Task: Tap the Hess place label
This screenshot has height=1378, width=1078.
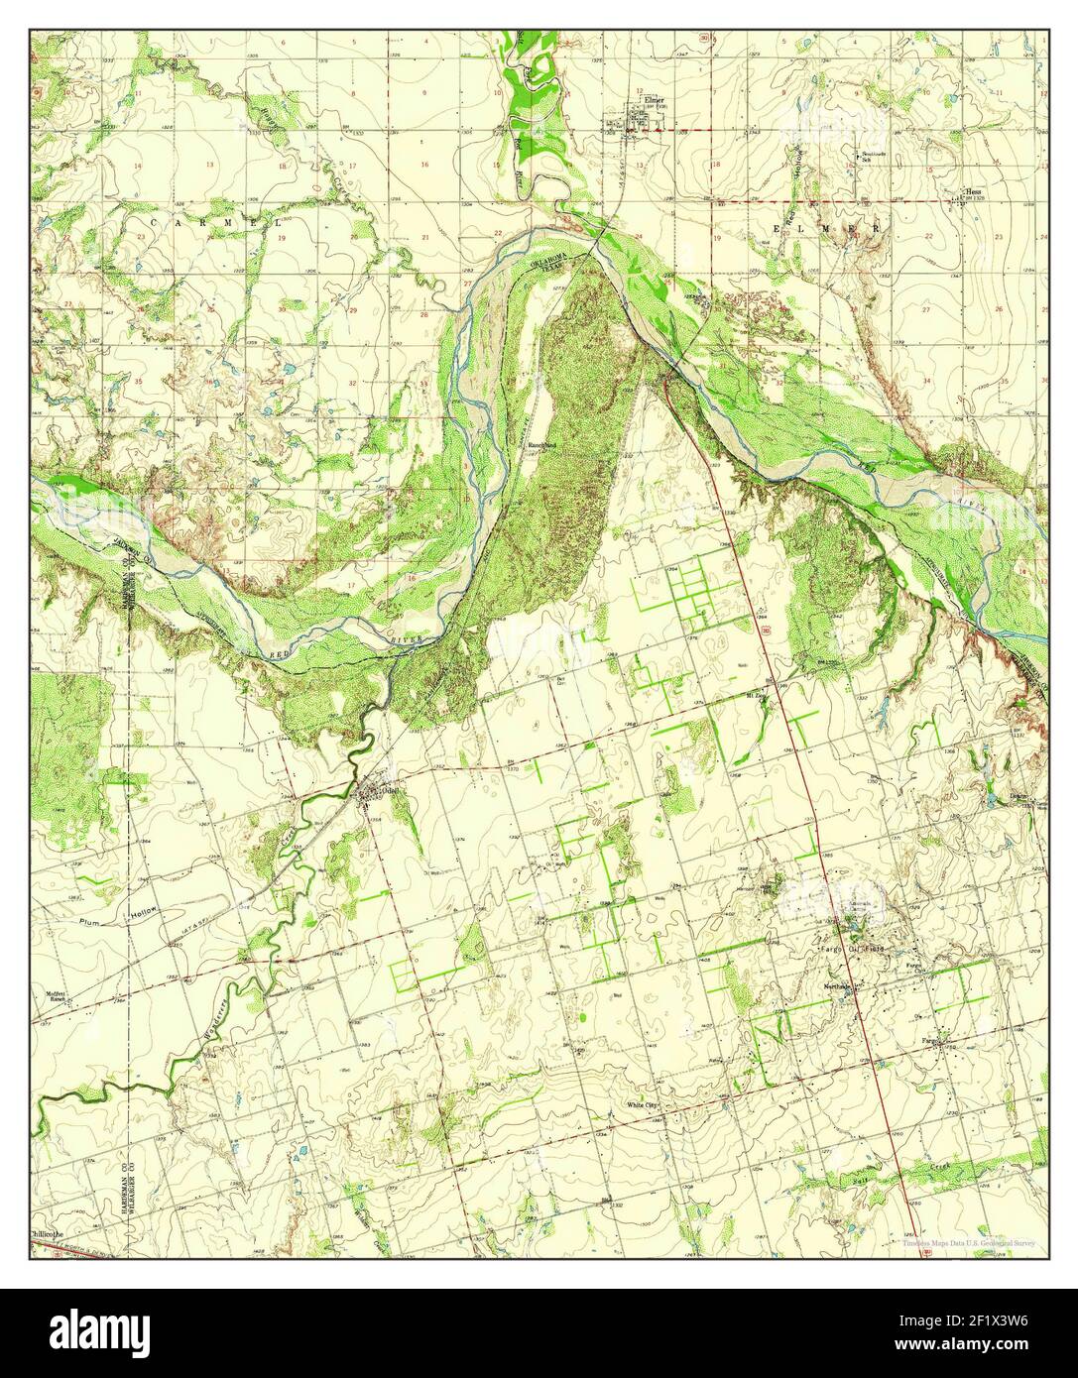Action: (x=976, y=192)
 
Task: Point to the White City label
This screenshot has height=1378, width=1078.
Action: (x=642, y=1104)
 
